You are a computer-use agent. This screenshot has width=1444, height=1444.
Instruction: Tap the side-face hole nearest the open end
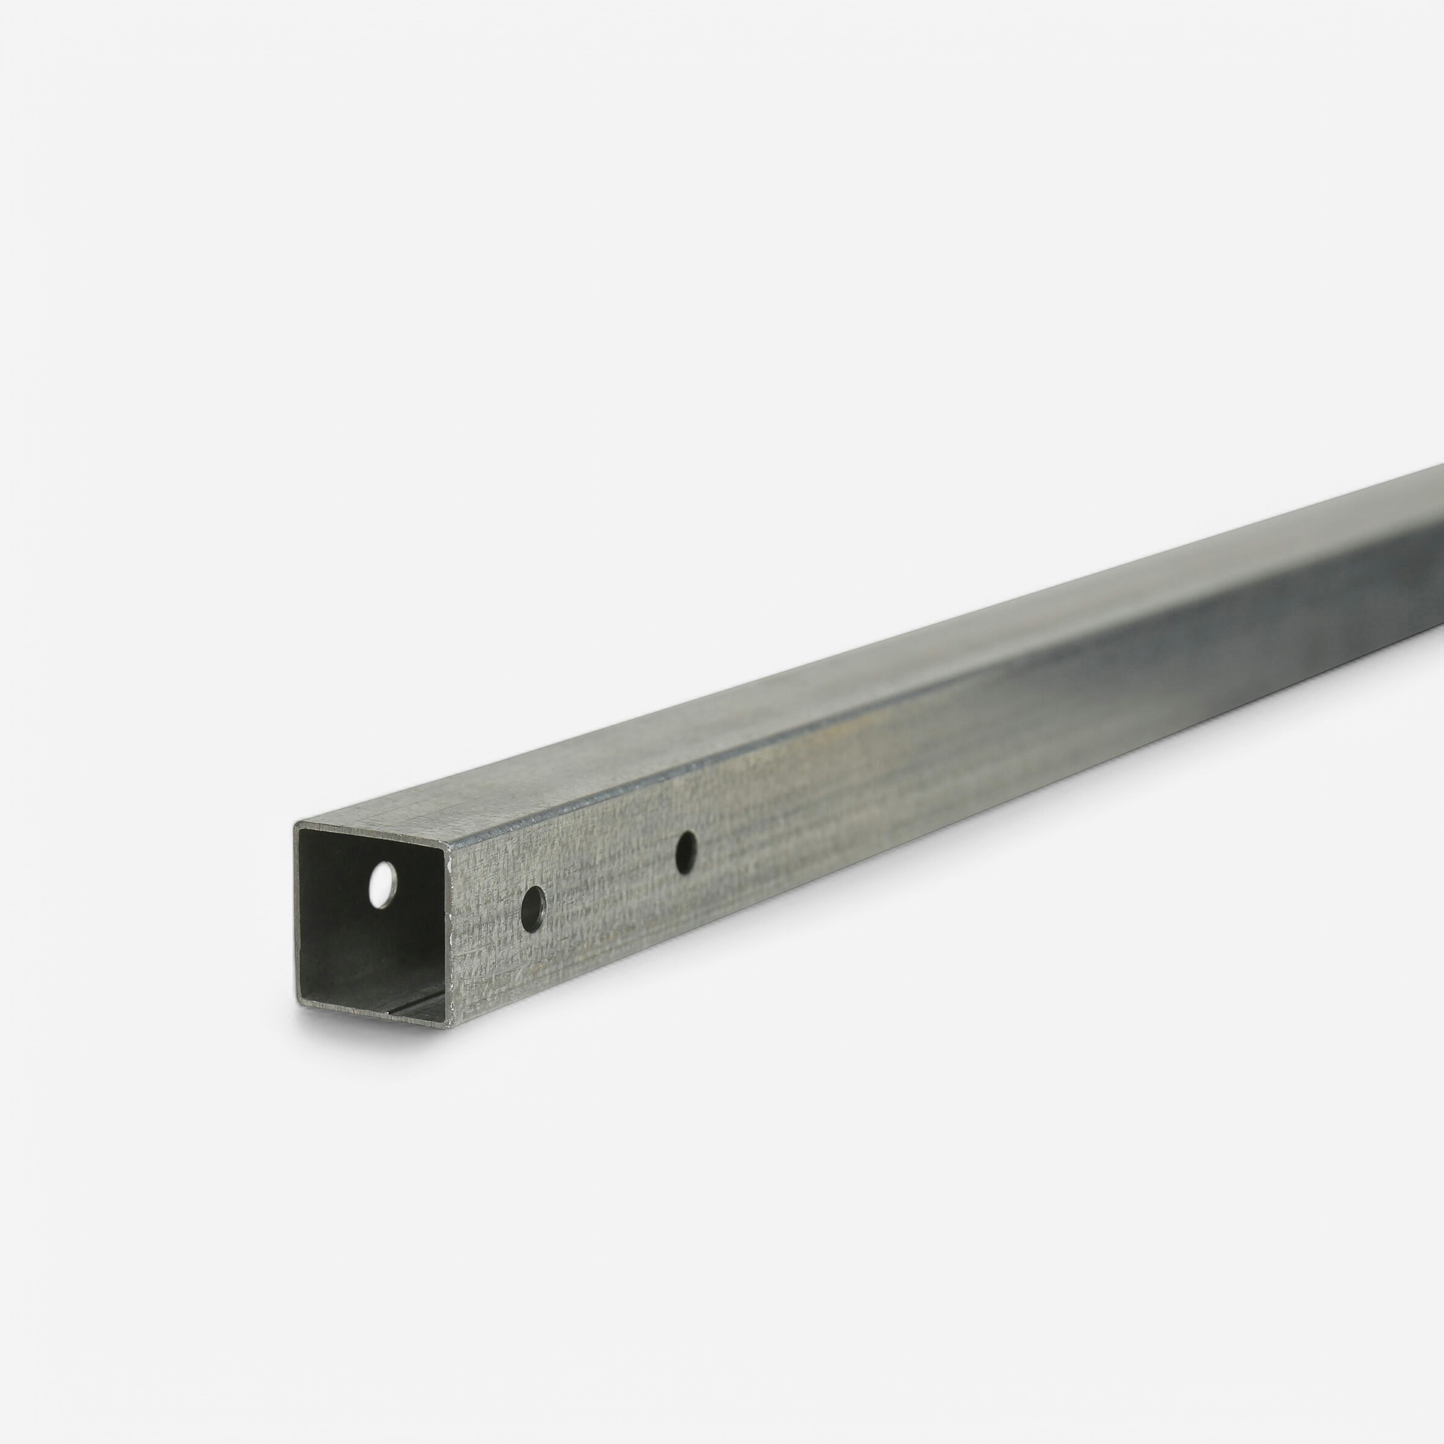click(x=533, y=909)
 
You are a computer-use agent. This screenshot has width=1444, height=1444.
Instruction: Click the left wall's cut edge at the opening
click(x=297, y=912)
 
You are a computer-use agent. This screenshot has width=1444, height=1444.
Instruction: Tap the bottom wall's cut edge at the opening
click(x=374, y=1016)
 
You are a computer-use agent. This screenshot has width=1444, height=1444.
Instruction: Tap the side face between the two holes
click(x=609, y=882)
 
